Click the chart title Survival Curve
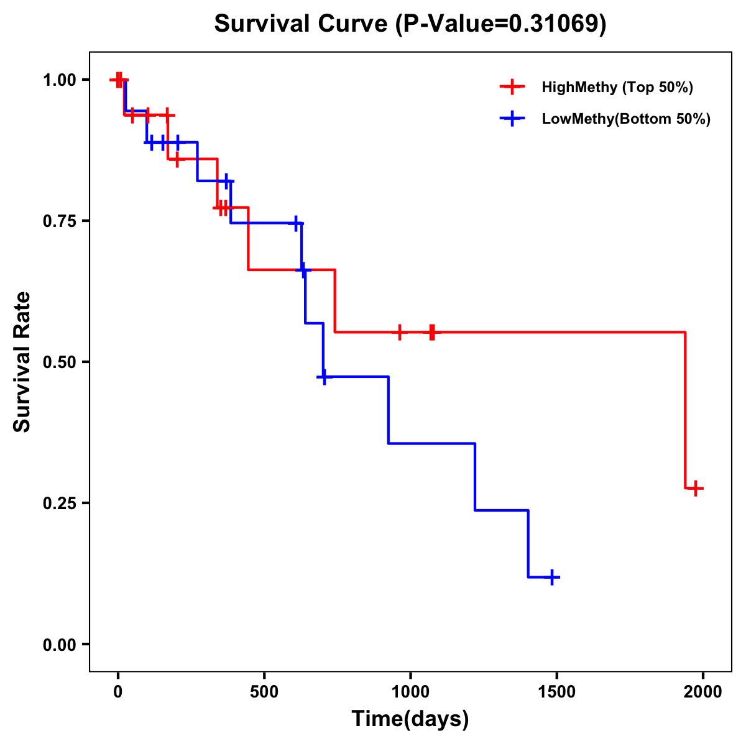coord(303,24)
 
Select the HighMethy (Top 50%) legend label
coord(617,87)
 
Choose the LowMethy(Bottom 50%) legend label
coord(626,119)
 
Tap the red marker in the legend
coord(512,87)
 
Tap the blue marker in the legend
coord(512,119)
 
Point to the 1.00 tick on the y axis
coord(60,80)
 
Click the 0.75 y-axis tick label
coord(60,221)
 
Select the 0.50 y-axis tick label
coord(60,362)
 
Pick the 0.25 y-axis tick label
coord(60,503)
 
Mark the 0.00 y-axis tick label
coord(60,645)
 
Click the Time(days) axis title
coord(410,719)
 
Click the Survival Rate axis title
coord(22,361)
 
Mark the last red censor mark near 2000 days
coord(696,489)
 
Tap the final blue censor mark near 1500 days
coord(551,578)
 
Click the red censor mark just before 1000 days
coord(400,332)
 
